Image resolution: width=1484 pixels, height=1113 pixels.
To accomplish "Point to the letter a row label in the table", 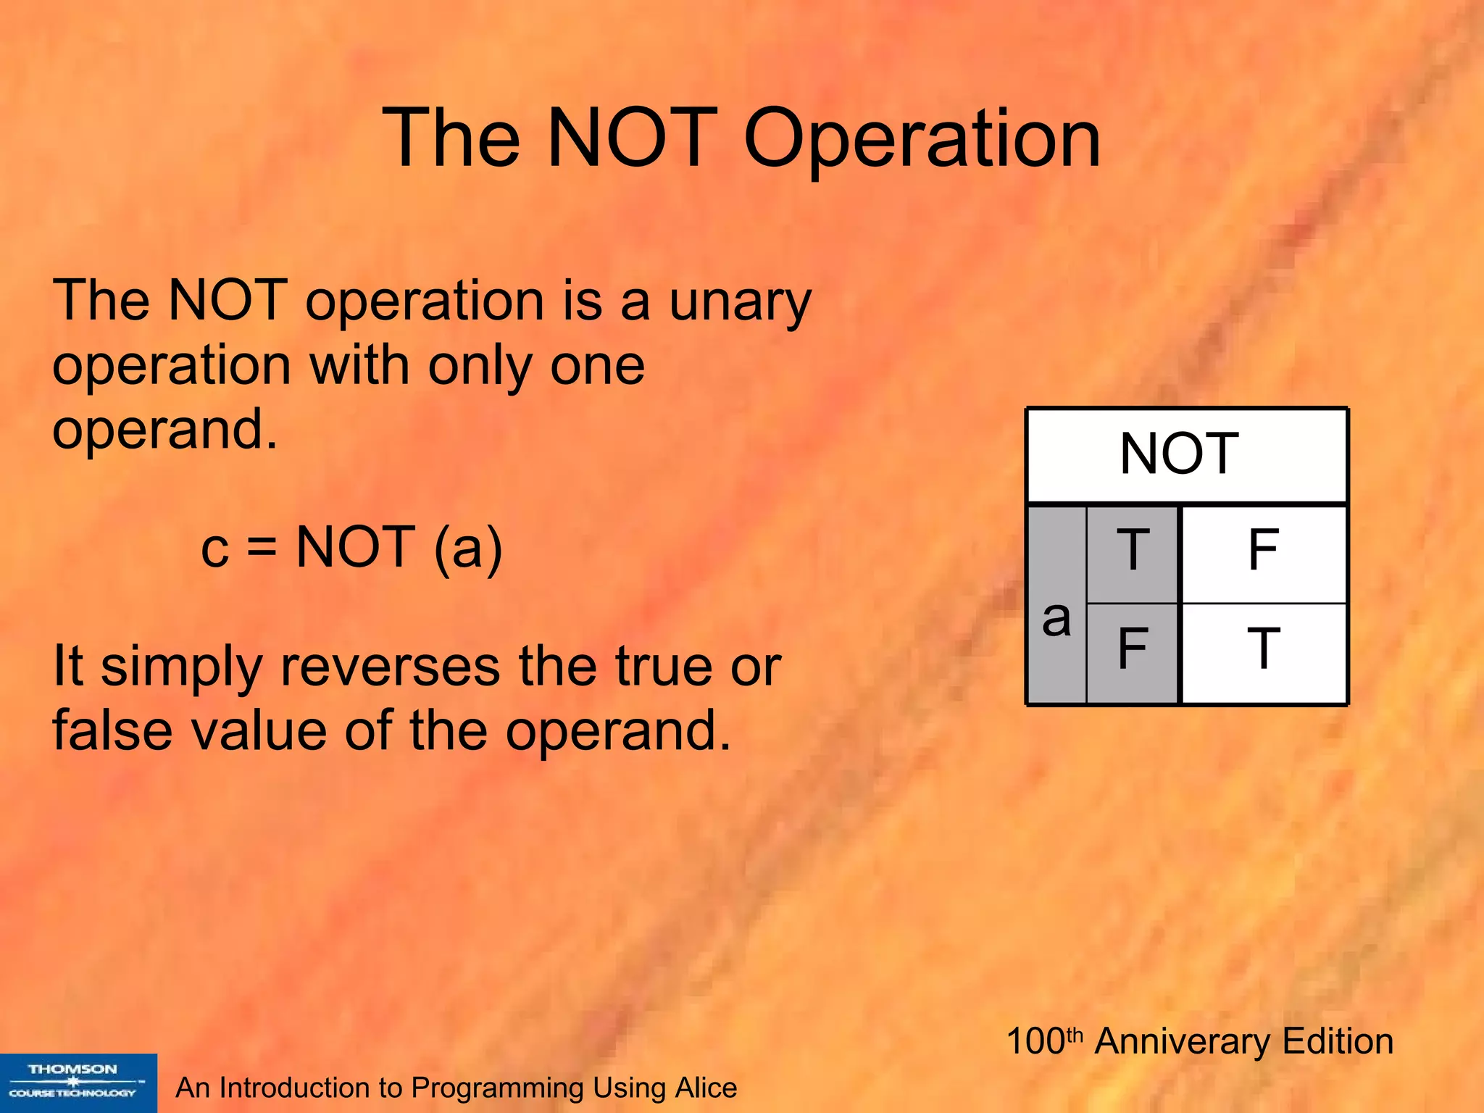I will point(1056,618).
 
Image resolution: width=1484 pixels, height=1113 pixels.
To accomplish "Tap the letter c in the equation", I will point(214,549).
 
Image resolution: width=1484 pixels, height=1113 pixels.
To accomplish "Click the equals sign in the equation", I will point(261,549).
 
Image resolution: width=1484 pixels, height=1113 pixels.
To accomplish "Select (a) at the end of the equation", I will point(467,549).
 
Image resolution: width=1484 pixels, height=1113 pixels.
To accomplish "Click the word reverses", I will point(390,667).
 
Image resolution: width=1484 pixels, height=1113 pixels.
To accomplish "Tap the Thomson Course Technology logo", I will point(78,1083).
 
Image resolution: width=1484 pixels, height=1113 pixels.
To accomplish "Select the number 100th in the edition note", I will point(1043,1041).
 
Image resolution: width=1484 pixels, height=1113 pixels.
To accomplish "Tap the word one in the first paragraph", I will point(597,366).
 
